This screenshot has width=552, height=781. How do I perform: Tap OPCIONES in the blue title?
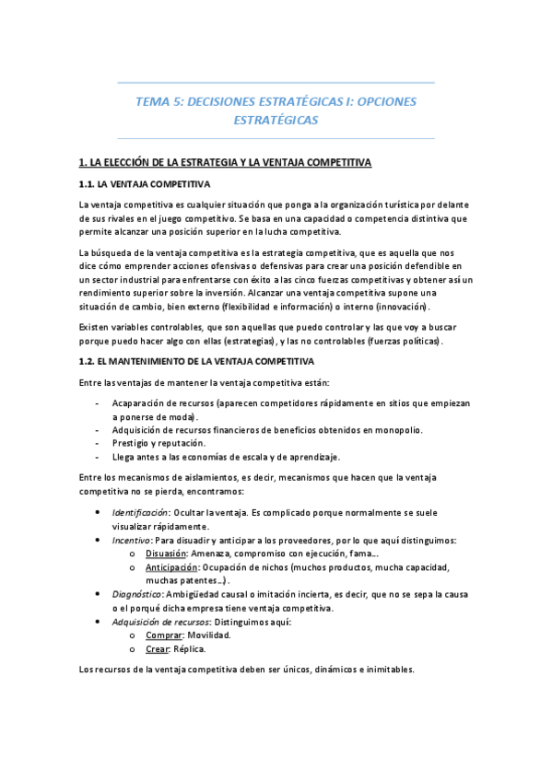click(x=382, y=101)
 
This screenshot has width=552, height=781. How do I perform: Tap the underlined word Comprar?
click(x=164, y=635)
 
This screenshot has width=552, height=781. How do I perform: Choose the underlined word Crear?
click(x=158, y=649)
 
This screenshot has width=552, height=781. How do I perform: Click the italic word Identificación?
click(x=138, y=512)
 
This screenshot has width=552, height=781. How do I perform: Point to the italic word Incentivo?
click(x=131, y=540)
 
